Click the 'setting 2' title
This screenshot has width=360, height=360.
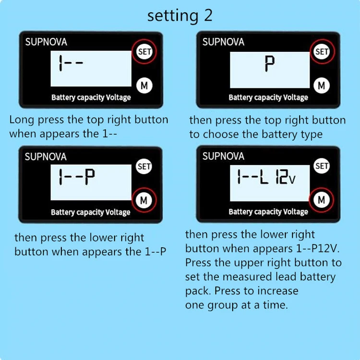point(180,16)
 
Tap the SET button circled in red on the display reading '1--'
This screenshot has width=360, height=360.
point(144,51)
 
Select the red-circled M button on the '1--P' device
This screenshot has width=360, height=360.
point(144,200)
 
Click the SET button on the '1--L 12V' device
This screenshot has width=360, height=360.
point(322,166)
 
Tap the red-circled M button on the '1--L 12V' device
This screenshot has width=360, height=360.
point(322,200)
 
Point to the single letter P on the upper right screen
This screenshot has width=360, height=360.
point(270,64)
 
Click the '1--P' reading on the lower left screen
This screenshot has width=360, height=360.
point(77,177)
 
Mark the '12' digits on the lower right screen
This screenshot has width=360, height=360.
point(281,176)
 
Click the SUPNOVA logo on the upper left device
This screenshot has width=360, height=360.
point(46,42)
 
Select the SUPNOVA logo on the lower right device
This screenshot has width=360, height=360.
point(223,156)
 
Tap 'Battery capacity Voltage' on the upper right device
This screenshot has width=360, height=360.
point(268,97)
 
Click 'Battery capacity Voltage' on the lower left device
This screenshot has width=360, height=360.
point(90,212)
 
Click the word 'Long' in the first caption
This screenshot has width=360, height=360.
point(22,120)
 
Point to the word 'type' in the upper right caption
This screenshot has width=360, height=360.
point(312,134)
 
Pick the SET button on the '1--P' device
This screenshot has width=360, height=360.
point(144,167)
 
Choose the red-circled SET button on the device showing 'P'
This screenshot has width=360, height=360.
point(322,51)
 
